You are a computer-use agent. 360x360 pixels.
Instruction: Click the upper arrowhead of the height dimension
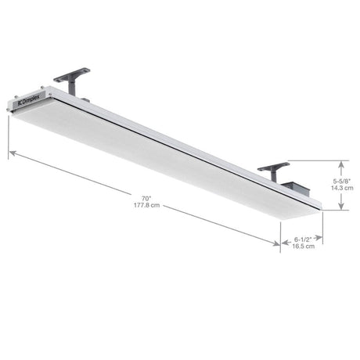click(341, 162)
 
